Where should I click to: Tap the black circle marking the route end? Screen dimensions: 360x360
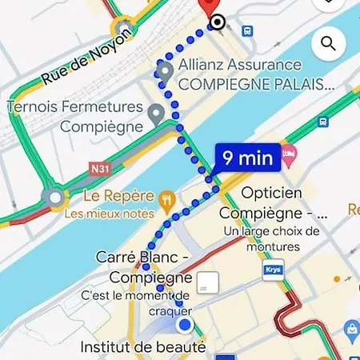(218, 23)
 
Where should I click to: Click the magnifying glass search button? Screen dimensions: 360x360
(326, 43)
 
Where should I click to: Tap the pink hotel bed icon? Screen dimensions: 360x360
(289, 152)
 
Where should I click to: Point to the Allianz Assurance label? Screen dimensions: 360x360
(240, 65)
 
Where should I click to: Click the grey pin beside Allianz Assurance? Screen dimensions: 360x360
(165, 73)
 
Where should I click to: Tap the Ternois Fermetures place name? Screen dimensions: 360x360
(75, 106)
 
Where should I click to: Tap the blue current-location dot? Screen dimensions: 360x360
(186, 325)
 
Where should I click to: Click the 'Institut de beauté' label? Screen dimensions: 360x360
(143, 347)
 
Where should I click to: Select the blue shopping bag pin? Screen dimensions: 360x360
(350, 329)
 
